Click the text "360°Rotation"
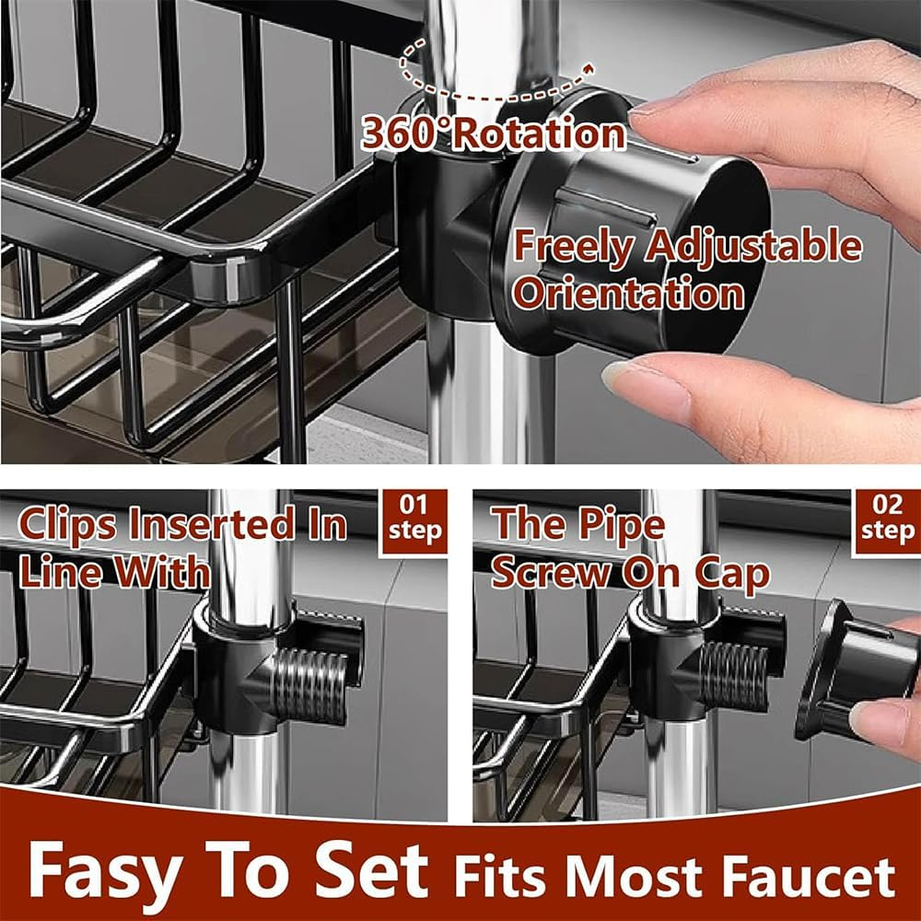[x=494, y=134]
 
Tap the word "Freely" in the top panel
[x=573, y=247]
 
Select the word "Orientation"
[x=628, y=294]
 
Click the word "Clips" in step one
[x=68, y=525]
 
